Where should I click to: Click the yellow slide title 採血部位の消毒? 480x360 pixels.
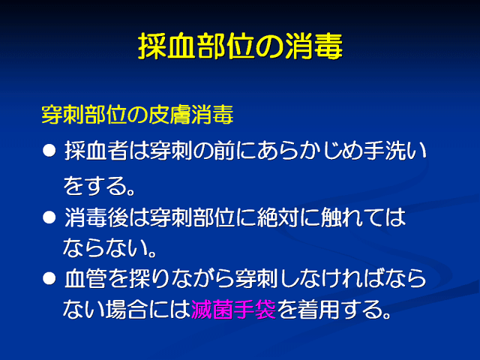click(240, 46)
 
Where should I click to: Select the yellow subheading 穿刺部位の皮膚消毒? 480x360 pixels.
click(137, 115)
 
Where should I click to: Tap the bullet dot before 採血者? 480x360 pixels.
click(49, 151)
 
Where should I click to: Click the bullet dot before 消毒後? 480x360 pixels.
click(49, 217)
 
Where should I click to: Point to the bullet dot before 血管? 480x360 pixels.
click(49, 279)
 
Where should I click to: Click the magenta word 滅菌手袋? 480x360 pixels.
click(233, 309)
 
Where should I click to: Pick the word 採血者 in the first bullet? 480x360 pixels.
click(96, 151)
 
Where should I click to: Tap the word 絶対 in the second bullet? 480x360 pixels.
click(277, 217)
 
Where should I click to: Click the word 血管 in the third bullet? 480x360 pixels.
click(85, 279)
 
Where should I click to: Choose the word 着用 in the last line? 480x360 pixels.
click(318, 309)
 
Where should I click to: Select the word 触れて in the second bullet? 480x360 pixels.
click(352, 217)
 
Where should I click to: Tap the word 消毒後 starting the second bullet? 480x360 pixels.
click(96, 217)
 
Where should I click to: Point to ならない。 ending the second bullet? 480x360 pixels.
click(110, 247)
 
